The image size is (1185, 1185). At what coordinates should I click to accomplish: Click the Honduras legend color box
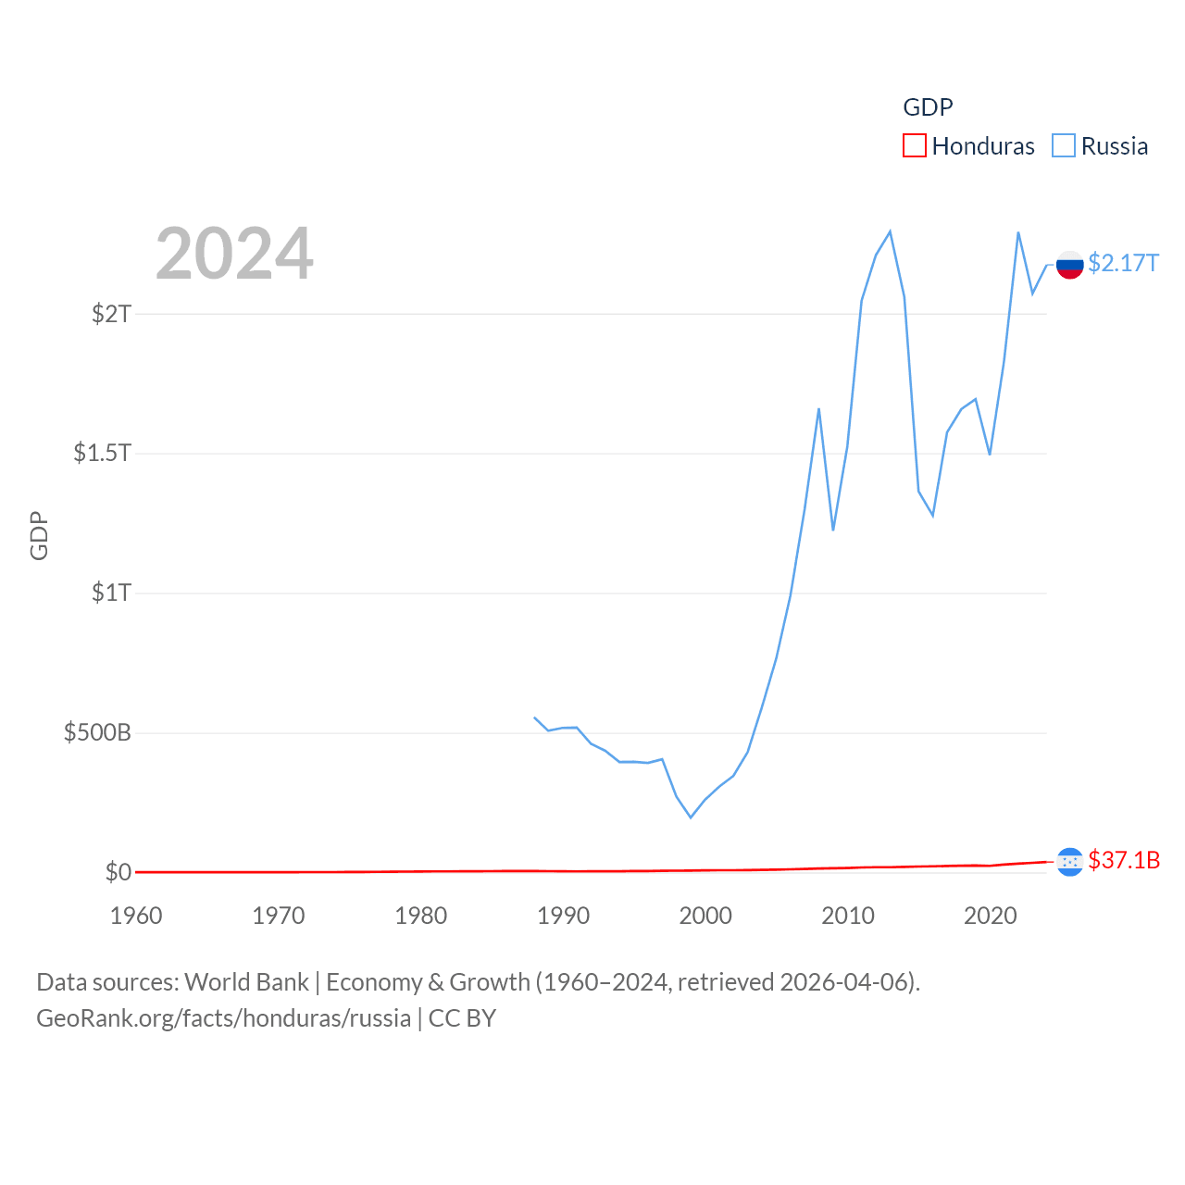tap(915, 146)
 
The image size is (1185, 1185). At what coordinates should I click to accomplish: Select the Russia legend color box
tap(1064, 146)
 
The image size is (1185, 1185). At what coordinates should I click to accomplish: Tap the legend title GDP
tap(928, 107)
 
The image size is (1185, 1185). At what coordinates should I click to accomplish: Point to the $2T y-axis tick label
tap(111, 314)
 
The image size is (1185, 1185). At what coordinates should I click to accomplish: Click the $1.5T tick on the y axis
tap(102, 453)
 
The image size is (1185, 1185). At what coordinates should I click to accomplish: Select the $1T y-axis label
tap(111, 592)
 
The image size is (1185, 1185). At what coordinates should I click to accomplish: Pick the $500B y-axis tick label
tap(97, 733)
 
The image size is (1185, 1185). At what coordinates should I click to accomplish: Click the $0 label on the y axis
tap(118, 872)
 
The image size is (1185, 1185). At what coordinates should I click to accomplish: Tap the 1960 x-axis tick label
tap(136, 916)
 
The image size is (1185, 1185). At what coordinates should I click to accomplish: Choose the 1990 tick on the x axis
tap(563, 916)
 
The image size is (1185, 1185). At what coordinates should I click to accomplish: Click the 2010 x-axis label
tap(848, 916)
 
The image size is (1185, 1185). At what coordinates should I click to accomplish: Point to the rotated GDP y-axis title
tap(39, 535)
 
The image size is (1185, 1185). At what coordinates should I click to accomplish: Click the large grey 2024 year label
tap(234, 254)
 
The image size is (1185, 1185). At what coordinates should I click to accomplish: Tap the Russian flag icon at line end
tap(1069, 265)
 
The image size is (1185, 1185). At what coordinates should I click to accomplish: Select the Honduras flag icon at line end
tap(1069, 862)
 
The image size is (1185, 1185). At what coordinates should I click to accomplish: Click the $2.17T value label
tap(1123, 264)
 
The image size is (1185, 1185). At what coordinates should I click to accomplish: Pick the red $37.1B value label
tap(1124, 860)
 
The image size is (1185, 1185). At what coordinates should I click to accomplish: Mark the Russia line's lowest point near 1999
tap(691, 817)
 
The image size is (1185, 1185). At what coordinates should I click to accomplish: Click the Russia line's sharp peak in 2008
tap(819, 408)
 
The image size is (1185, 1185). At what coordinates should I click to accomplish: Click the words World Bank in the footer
tap(246, 982)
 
